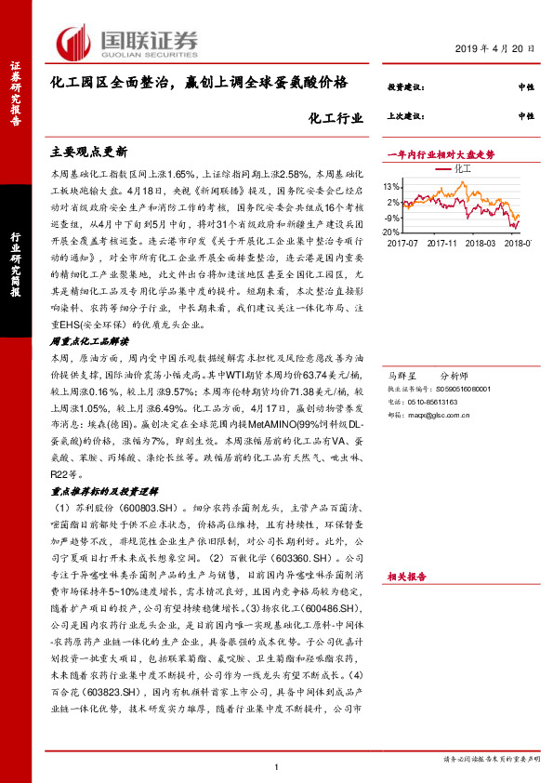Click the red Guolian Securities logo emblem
pyautogui.click(x=73, y=40)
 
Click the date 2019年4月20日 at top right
pyautogui.click(x=496, y=49)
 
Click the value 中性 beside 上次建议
pyautogui.click(x=526, y=116)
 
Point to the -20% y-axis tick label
pyautogui.click(x=390, y=232)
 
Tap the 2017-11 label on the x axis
pyautogui.click(x=442, y=243)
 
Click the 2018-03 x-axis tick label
pyautogui.click(x=483, y=243)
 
